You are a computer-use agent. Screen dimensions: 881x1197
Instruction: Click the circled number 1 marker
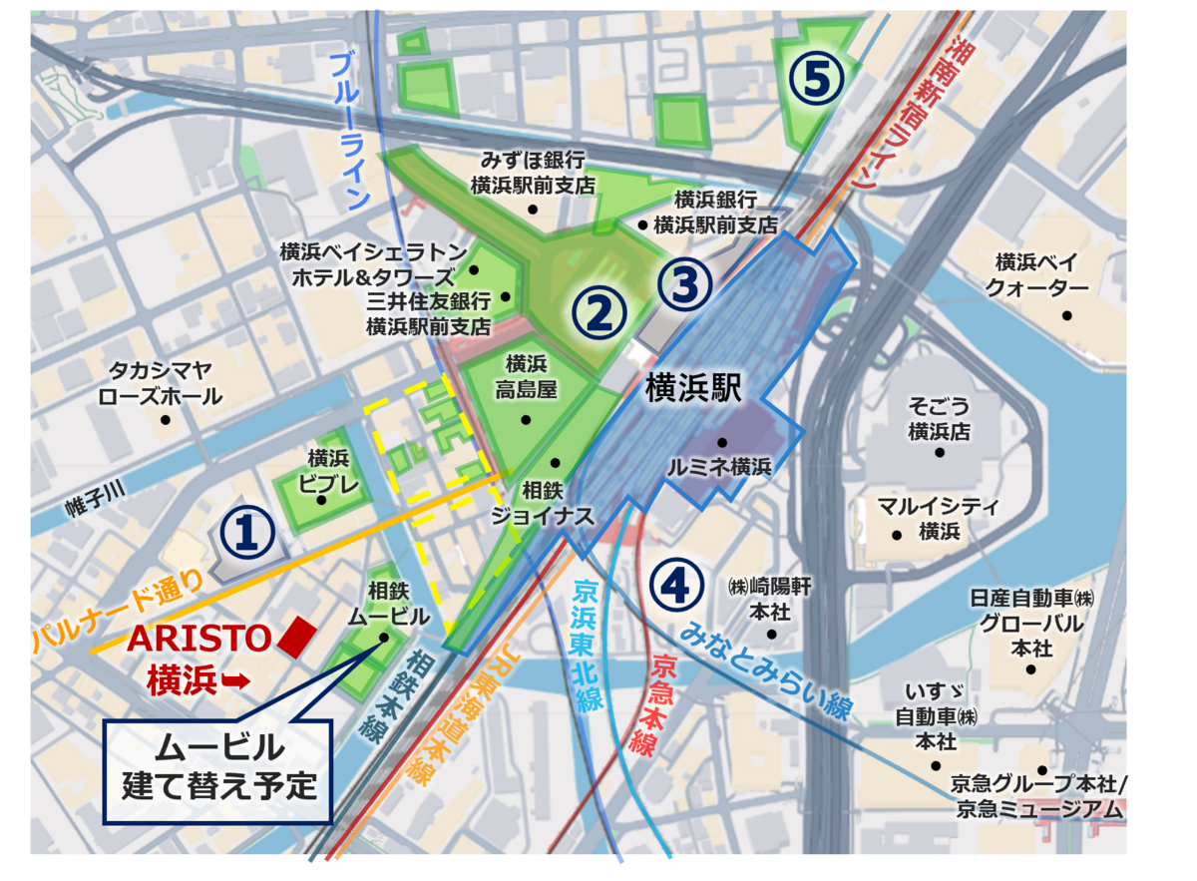click(247, 533)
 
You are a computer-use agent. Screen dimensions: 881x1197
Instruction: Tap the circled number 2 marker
click(598, 312)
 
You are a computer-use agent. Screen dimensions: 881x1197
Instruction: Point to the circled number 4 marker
click(675, 585)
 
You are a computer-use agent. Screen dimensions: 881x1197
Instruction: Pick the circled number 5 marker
click(816, 80)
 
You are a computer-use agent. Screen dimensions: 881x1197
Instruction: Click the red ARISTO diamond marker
click(296, 638)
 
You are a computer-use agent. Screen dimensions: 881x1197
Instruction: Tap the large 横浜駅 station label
click(694, 388)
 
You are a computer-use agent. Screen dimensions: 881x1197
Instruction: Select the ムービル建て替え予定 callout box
click(217, 765)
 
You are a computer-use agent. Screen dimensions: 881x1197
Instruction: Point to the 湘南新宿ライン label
click(910, 115)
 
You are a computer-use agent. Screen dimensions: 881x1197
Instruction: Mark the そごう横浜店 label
click(939, 418)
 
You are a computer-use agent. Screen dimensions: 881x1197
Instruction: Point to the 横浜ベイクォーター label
click(1036, 275)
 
